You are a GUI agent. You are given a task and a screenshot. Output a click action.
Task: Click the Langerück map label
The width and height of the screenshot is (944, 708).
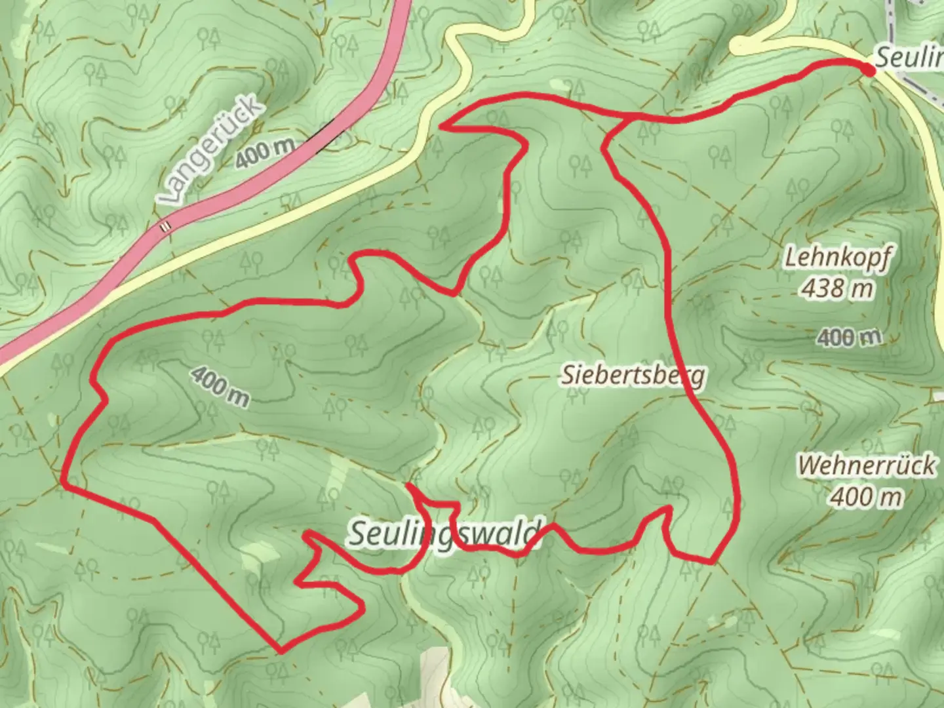[x=210, y=154]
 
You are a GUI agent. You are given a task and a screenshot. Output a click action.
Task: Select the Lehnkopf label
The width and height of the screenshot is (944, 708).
[x=838, y=259]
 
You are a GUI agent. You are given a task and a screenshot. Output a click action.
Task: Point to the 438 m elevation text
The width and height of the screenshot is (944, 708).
[x=837, y=288]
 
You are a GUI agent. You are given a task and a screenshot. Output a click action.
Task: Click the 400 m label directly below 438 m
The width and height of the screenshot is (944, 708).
[x=850, y=338]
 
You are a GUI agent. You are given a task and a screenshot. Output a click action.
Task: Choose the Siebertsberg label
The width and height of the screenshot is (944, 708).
[x=633, y=376]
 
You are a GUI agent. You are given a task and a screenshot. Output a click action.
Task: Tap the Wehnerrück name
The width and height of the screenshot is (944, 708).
[x=867, y=466]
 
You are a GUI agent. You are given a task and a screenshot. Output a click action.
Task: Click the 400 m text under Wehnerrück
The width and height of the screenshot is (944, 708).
[x=866, y=496]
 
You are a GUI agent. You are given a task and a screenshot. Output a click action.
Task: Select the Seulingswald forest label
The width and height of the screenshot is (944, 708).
[x=446, y=533]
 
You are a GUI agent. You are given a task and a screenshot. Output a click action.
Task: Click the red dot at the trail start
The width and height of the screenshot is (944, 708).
[x=869, y=70]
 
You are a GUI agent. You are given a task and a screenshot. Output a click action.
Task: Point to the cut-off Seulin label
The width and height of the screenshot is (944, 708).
[x=909, y=58]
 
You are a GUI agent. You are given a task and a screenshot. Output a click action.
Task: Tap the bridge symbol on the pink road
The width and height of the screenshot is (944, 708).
[x=167, y=226]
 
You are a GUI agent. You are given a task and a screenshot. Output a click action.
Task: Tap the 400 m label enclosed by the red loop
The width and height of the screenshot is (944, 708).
[x=220, y=385]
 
